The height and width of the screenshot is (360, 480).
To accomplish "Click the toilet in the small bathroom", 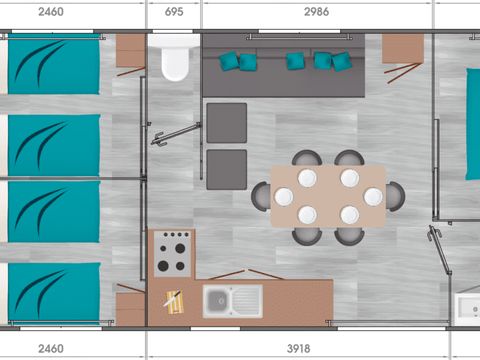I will tap(175, 62).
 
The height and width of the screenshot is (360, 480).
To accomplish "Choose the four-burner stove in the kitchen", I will tap(173, 252).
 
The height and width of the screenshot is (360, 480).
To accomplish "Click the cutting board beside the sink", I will tap(174, 300).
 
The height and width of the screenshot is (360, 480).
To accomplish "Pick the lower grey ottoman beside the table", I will tap(227, 169).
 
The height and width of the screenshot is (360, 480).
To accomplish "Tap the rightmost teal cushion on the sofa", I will tap(342, 61).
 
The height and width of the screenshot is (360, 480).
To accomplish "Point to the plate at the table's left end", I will tap(284, 196).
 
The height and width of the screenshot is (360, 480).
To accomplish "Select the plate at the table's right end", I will tap(373, 196).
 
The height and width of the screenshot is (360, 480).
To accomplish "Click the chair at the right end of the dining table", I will tap(395, 196).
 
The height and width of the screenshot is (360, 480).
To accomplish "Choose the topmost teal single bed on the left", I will tap(54, 66).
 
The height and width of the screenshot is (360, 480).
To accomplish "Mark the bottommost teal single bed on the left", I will tap(54, 293).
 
